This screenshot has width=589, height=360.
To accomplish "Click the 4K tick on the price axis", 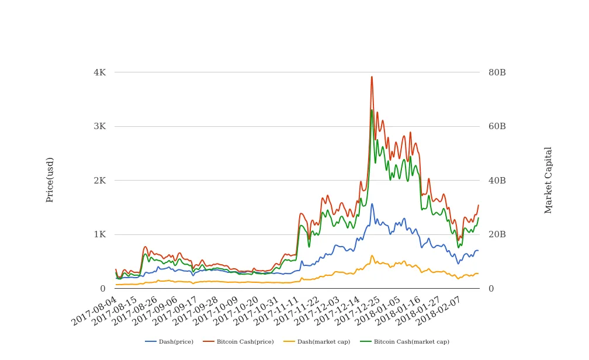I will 99,72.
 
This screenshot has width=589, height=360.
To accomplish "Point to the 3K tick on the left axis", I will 99,126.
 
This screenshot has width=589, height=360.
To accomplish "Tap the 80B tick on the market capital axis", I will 497,72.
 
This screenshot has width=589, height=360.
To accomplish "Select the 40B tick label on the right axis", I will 497,181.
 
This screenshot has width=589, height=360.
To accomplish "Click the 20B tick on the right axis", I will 497,234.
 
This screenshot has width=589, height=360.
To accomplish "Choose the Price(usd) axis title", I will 50,179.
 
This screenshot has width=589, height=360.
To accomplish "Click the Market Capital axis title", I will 548,179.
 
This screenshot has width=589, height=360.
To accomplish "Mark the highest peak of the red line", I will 372,77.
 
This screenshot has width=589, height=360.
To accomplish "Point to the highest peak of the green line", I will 372,110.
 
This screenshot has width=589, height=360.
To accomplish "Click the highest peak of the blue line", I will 372,204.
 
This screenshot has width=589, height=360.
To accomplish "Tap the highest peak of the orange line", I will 372,255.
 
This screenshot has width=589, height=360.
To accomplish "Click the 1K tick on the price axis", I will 99,234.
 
